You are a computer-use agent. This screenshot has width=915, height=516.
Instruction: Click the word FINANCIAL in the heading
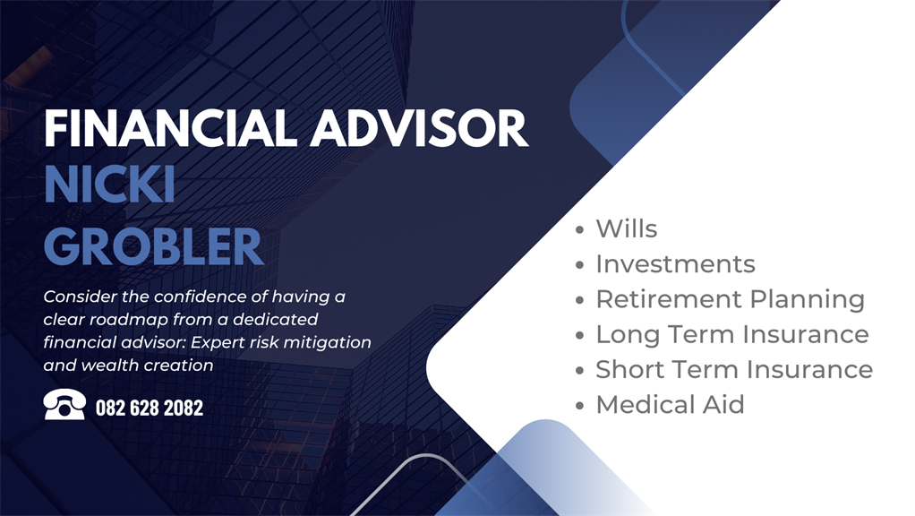(170, 128)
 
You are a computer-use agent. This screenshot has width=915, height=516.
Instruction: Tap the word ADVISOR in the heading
(419, 128)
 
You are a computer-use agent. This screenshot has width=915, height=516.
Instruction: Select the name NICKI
(110, 185)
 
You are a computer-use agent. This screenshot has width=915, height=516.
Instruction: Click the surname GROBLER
(153, 246)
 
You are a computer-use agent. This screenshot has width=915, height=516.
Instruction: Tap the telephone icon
(64, 404)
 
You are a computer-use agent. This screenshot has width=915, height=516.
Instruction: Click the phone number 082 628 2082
(150, 408)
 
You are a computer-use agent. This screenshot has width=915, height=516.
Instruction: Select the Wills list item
(626, 228)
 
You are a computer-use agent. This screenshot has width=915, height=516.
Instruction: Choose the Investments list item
(675, 264)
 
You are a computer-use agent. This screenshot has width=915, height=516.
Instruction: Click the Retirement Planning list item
(730, 299)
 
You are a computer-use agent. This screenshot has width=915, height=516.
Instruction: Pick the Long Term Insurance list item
(732, 334)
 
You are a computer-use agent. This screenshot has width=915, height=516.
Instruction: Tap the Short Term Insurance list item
(734, 369)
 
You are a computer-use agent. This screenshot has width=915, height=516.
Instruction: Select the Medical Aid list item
(670, 405)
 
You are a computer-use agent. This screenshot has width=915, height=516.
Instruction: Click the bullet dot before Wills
(579, 230)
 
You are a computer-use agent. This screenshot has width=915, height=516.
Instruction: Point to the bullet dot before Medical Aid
(579, 406)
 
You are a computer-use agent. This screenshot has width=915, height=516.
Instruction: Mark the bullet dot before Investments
(579, 265)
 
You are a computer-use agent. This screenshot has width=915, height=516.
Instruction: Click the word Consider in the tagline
(81, 297)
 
